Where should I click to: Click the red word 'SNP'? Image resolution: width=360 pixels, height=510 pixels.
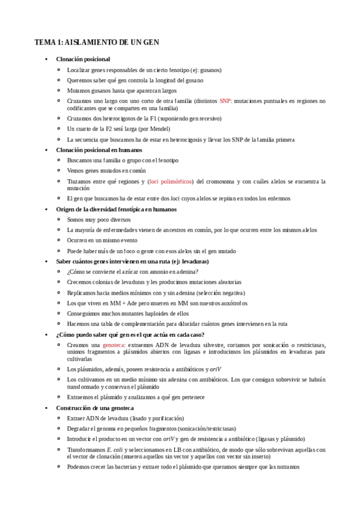pos(225,101)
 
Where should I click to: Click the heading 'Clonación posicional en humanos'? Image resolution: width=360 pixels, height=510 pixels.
pos(99,150)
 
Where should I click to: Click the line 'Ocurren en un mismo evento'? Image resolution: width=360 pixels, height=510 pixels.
pos(102,240)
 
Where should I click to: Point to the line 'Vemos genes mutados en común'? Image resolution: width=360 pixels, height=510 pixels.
pos(106,171)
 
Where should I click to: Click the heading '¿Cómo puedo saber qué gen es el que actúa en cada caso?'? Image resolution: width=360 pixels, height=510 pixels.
pos(130,334)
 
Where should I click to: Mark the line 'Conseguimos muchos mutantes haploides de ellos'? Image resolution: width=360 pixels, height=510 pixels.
pos(128,313)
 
